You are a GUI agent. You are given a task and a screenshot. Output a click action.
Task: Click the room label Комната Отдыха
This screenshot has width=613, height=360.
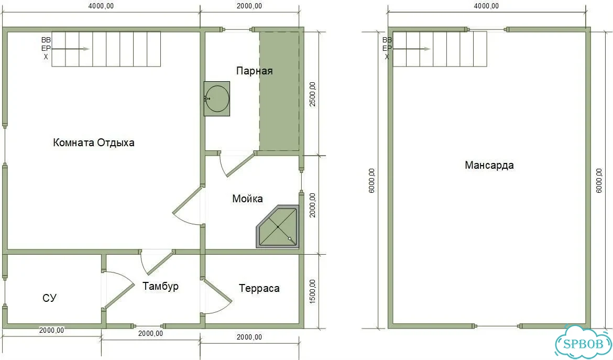(x=93, y=143)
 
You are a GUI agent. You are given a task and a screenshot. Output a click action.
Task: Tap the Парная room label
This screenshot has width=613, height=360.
(x=254, y=71)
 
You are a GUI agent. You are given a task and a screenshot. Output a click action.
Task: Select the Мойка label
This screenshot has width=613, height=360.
(x=247, y=199)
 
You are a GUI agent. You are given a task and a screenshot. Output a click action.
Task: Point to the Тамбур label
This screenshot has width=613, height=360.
(x=160, y=286)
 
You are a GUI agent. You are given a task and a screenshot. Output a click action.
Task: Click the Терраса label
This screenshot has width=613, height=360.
(x=259, y=288)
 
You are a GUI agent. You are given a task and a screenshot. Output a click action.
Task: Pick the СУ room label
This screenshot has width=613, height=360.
(x=49, y=298)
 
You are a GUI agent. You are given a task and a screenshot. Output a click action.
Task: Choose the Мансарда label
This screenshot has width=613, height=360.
(x=489, y=165)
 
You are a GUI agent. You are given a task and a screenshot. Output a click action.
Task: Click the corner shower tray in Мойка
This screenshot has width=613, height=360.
(x=278, y=227)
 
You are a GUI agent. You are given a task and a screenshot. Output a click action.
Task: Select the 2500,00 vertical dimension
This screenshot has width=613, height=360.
(x=312, y=94)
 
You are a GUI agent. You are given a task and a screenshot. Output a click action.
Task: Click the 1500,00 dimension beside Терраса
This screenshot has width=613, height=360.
(x=312, y=291)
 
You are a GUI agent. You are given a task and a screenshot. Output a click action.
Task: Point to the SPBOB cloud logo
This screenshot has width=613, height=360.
(x=584, y=342)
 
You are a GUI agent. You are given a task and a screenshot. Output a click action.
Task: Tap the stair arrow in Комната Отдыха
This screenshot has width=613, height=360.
(x=70, y=49)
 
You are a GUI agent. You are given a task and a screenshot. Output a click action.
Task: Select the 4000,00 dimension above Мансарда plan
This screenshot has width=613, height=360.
(x=486, y=6)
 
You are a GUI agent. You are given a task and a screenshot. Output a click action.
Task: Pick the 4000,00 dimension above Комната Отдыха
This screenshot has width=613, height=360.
(x=101, y=6)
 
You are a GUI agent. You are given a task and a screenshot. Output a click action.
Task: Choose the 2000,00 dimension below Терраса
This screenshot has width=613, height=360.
(x=249, y=337)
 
